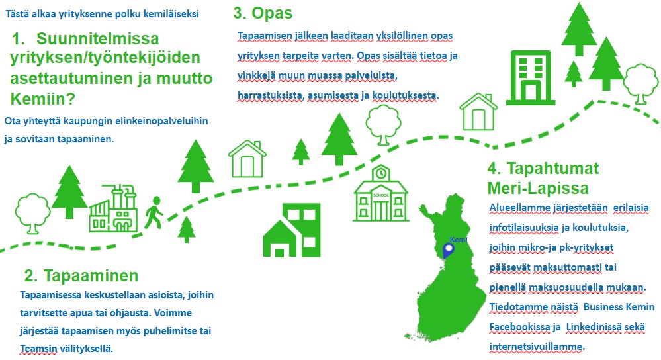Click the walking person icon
(154, 212)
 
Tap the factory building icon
(113, 208)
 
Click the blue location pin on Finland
(448, 251)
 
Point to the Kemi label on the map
(459, 240)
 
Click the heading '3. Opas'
(263, 13)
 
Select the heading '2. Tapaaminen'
(81, 275)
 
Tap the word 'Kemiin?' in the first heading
(42, 99)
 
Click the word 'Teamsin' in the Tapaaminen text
(38, 349)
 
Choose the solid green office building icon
(530, 77)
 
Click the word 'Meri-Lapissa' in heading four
(538, 188)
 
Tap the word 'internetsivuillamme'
(536, 347)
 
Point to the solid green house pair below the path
(292, 230)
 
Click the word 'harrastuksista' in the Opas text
(270, 95)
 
